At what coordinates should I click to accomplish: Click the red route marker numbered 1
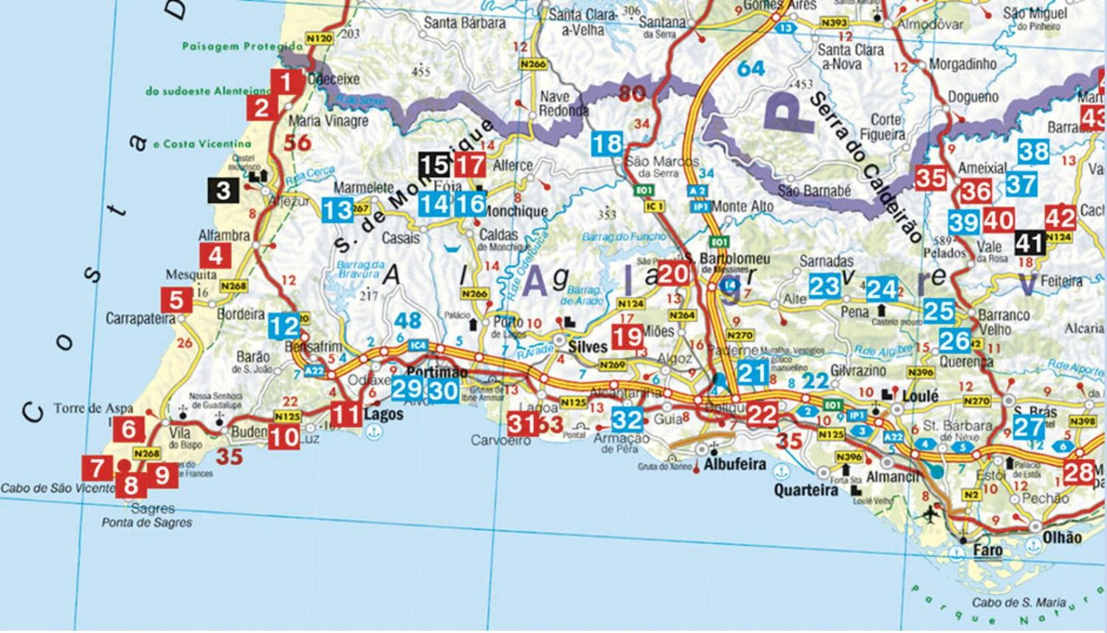tap(286, 82)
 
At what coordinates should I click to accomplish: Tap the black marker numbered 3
tap(223, 191)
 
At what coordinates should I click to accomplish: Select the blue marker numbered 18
tap(607, 143)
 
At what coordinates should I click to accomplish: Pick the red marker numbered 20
tap(672, 274)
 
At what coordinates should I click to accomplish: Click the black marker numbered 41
tap(1030, 243)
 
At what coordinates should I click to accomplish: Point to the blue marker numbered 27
tap(1028, 427)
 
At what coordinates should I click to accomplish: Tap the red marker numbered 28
tap(1077, 471)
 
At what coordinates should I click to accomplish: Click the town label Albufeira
tap(734, 465)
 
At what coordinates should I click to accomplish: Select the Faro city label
tap(987, 550)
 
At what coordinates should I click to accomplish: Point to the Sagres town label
tap(153, 508)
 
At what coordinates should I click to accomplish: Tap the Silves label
tap(587, 347)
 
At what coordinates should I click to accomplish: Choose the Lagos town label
tap(384, 414)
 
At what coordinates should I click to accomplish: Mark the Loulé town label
tap(920, 396)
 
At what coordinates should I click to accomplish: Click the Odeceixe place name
tap(334, 79)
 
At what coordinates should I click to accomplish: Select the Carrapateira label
tap(140, 319)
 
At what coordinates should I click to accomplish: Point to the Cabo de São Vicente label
tap(58, 488)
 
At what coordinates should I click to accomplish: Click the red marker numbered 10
tap(283, 437)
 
